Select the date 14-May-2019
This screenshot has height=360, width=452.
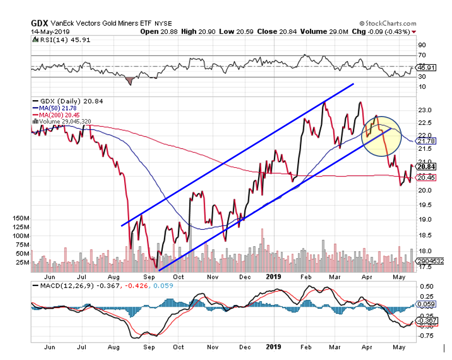[47, 32]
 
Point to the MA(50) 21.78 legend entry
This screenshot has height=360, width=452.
[58, 108]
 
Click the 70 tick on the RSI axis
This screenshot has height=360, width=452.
[422, 56]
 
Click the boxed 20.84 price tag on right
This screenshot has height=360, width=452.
[425, 167]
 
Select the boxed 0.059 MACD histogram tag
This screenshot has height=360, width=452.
[426, 304]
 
